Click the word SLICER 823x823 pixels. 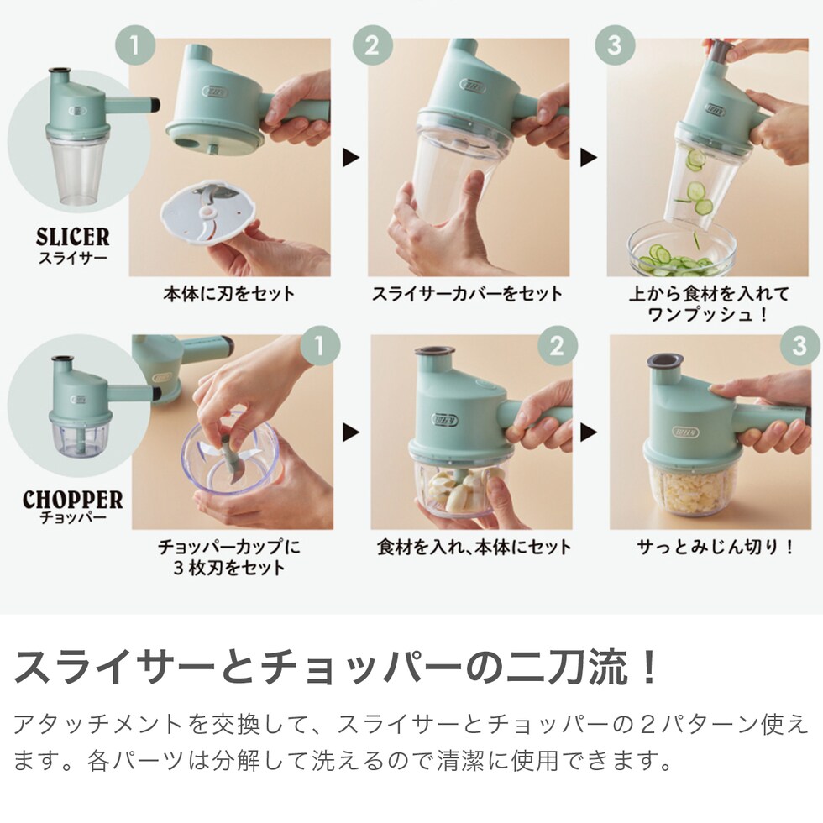pos(73,237)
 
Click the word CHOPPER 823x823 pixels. pos(72,500)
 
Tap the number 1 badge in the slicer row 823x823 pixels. pos(135,45)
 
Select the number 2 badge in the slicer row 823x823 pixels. pos(373,45)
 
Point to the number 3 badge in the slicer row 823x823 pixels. pos(615,45)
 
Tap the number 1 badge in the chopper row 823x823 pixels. pos(320,345)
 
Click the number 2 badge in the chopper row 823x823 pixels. pos(558,345)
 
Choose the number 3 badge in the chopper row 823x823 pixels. pos(799,345)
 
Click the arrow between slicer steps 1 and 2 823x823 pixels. pos(351,158)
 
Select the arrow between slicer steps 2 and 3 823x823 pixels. pos(589,158)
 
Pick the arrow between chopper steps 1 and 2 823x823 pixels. pos(351,432)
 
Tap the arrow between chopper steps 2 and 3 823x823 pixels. pos(589,432)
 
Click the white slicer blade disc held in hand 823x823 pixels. pos(209,213)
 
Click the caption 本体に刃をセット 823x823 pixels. pos(228,294)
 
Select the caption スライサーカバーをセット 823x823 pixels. pos(467,294)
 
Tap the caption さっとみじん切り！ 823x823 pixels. pos(716,548)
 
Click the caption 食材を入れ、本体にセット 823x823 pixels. pos(474,548)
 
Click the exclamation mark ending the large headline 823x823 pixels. pos(648,665)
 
